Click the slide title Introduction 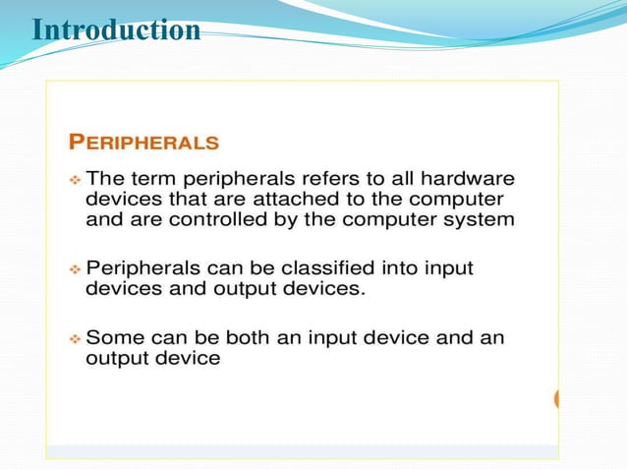[x=116, y=30]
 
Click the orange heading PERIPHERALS [x=143, y=143]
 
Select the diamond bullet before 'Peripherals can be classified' [x=75, y=268]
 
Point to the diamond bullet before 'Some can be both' [x=75, y=338]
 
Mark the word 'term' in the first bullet [x=145, y=179]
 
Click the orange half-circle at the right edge [x=556, y=399]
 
